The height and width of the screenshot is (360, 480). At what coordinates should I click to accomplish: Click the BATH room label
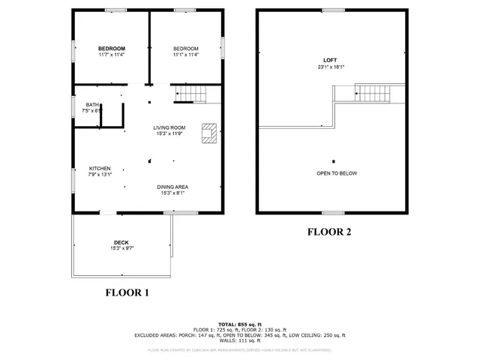(92, 105)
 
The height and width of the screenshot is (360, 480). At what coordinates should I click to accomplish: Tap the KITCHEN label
(100, 168)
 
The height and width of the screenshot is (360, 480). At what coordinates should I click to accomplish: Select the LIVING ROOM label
(169, 127)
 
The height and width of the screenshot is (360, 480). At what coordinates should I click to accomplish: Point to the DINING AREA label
(172, 187)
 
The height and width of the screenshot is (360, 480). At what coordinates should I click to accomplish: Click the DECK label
(121, 242)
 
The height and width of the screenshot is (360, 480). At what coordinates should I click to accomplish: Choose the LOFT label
(330, 60)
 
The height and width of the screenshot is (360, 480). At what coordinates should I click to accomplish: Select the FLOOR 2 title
(328, 232)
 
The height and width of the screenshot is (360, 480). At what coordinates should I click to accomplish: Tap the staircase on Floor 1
(190, 94)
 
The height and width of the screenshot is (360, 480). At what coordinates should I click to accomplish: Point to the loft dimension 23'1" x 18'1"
(330, 67)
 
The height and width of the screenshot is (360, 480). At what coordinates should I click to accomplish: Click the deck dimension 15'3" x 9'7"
(121, 248)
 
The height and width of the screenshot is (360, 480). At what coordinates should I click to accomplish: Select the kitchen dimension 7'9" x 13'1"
(100, 175)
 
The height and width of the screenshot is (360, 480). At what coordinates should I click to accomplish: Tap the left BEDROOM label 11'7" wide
(111, 48)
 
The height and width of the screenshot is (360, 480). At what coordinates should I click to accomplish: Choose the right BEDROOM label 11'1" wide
(185, 48)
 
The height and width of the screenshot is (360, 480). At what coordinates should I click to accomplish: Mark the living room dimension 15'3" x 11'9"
(169, 134)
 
